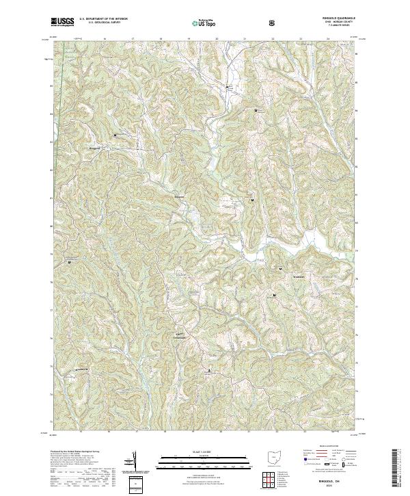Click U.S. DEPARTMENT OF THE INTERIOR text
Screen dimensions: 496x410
point(102,19)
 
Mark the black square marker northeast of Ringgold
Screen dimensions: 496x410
point(115,135)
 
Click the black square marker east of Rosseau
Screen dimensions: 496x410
point(253,200)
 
